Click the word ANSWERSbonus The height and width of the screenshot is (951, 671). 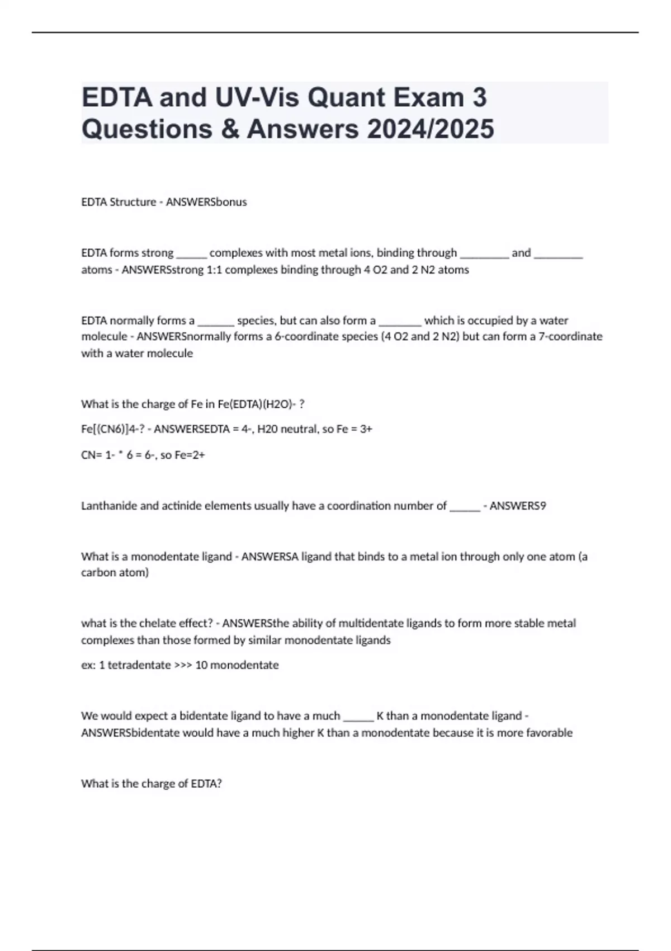pos(206,202)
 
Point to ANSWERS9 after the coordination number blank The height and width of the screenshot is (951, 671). pos(518,506)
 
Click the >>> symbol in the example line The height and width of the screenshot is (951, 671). pos(183,665)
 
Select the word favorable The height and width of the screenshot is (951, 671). pos(548,733)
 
